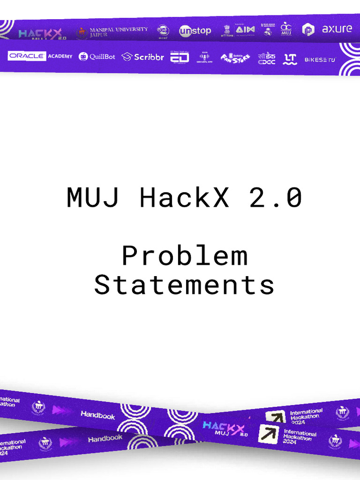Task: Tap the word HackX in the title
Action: pos(184,198)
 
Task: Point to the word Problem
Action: pos(184,256)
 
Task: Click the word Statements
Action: pos(184,285)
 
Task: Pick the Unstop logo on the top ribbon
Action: pos(195,31)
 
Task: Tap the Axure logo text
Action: pos(337,29)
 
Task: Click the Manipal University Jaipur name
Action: pos(118,32)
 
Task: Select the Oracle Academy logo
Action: pos(40,56)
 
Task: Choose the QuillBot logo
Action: pos(97,57)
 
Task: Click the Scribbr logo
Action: pos(143,57)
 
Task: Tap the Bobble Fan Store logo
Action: pos(235,58)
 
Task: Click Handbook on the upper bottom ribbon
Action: pos(97,415)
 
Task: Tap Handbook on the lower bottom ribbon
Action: pos(105,439)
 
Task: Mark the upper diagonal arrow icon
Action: pos(275,417)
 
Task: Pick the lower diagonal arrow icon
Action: pos(269,434)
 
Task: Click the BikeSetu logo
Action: pos(320,60)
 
